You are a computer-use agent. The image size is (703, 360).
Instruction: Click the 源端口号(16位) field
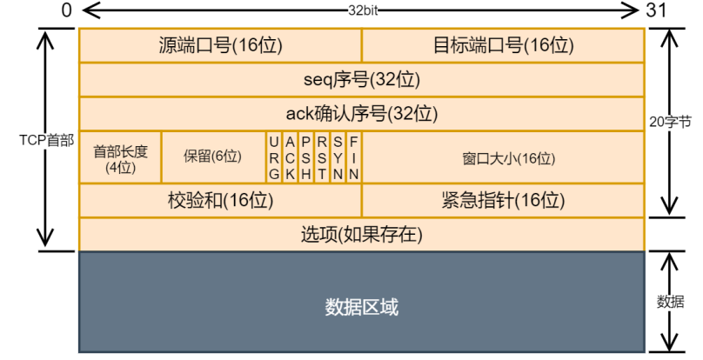point(220,45)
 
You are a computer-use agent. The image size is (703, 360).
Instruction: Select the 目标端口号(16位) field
point(503,45)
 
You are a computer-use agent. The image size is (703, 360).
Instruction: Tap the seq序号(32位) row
point(361,80)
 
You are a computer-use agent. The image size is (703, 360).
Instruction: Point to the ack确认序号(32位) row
point(361,114)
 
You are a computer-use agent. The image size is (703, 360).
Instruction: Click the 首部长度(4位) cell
point(120,157)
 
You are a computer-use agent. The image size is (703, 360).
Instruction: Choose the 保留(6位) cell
point(212,157)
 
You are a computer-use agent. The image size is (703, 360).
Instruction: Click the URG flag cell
point(274,157)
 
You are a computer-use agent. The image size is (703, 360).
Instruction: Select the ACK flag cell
point(291,157)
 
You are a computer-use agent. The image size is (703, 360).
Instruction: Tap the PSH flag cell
point(306,157)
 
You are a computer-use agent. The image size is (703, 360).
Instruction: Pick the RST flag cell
point(322,157)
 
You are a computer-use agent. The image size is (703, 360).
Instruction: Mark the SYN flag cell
point(338,157)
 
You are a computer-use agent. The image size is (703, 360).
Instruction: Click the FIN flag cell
point(354,157)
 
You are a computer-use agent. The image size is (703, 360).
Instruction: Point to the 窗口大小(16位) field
point(503,158)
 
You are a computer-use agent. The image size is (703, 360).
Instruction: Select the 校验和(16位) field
point(220,201)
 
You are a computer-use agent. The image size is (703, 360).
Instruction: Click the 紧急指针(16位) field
point(503,201)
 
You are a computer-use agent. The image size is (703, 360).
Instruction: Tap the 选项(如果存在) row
point(361,235)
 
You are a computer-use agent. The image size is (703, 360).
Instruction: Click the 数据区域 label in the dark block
point(361,306)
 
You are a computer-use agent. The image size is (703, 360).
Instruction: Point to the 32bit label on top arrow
point(361,10)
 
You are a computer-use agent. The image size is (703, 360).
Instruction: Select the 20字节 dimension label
point(672,123)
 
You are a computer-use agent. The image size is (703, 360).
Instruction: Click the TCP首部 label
point(48,140)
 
